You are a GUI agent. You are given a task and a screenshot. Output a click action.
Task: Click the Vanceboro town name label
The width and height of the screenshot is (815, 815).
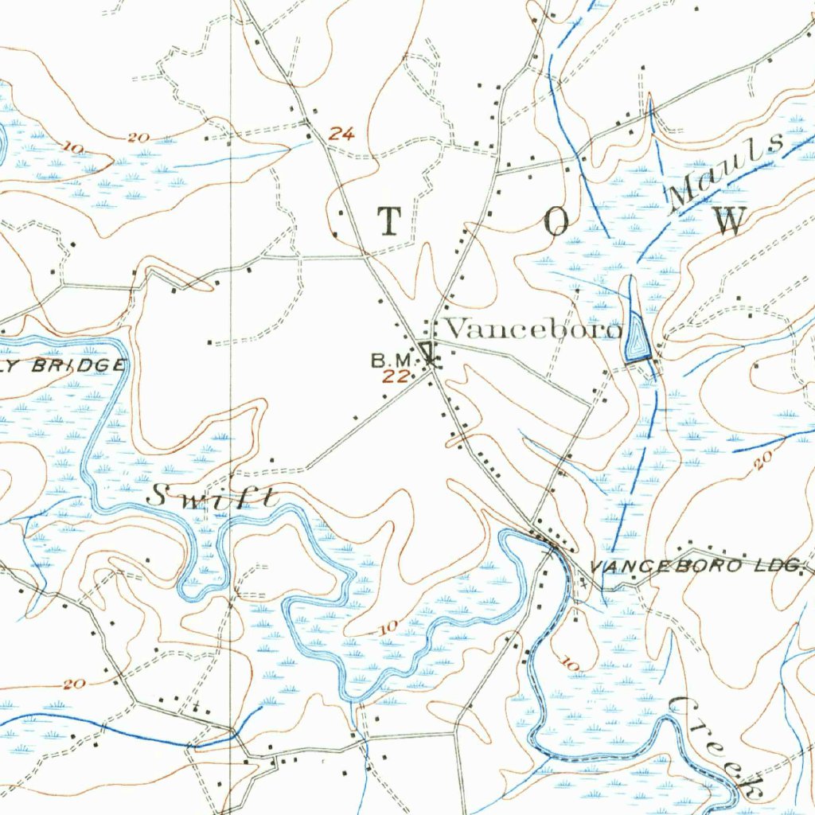tap(532, 329)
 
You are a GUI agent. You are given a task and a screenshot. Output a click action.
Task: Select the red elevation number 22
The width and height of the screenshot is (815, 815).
tap(395, 376)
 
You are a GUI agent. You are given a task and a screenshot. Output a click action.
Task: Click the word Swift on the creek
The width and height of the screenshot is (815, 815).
tap(213, 497)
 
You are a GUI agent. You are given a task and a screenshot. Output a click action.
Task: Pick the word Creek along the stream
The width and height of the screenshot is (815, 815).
tap(716, 747)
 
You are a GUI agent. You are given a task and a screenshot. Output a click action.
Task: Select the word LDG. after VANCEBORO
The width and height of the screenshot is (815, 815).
tap(776, 566)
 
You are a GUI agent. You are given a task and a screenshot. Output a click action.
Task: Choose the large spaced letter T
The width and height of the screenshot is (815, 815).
tap(389, 221)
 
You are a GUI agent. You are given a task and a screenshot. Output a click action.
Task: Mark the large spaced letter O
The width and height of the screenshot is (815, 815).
tap(556, 224)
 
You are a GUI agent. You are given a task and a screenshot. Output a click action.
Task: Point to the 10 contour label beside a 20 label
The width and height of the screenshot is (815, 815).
tap(76, 147)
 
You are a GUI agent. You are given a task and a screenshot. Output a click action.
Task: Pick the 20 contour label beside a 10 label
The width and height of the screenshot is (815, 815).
tap(137, 138)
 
